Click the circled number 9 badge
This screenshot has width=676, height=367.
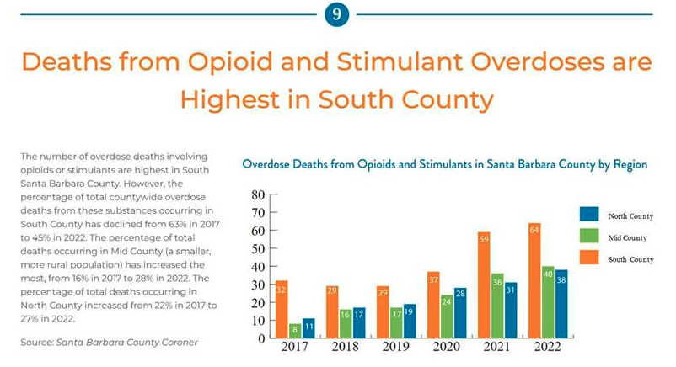coord(337,14)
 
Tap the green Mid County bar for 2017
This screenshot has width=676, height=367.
coord(296,330)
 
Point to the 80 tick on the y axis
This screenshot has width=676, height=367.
coord(257,194)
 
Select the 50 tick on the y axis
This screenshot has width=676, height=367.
coord(257,247)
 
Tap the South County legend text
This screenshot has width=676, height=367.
coord(630,259)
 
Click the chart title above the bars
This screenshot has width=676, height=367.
coord(444,165)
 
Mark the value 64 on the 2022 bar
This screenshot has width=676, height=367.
coord(534,228)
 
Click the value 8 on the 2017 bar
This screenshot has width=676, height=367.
coord(296,329)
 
